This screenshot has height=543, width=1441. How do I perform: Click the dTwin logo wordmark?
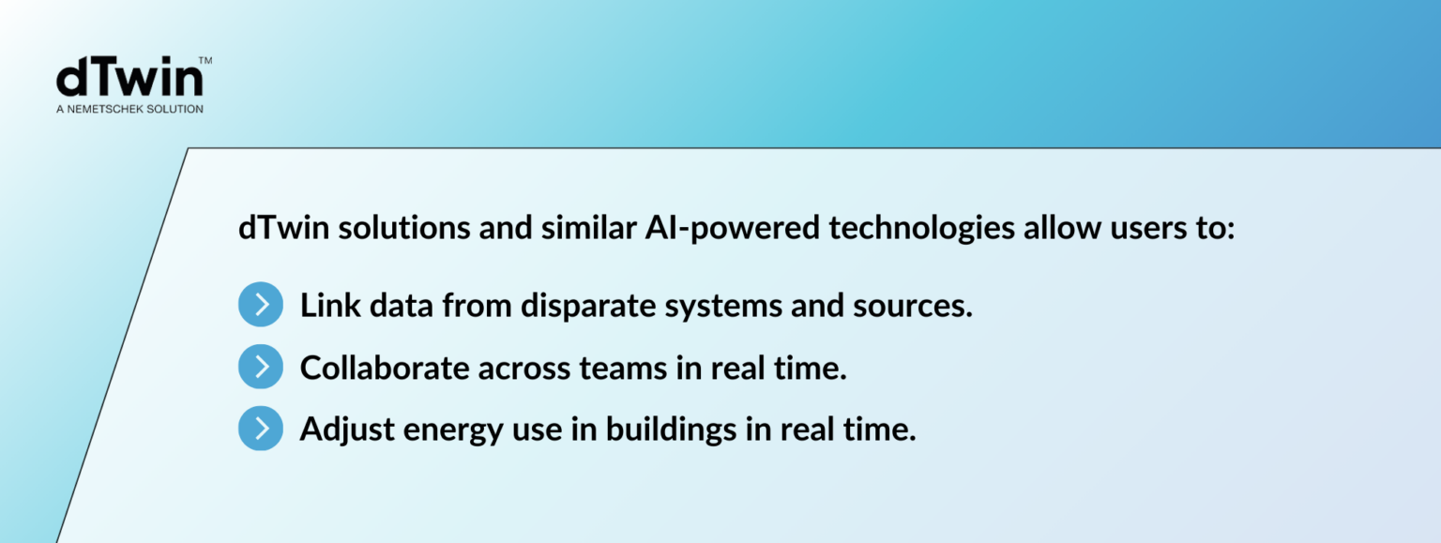coord(130,77)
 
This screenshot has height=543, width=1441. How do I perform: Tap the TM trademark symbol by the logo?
coord(205,60)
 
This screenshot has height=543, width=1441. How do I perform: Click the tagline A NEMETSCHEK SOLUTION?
coord(130,110)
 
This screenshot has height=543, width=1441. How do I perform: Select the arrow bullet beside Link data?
coord(261,304)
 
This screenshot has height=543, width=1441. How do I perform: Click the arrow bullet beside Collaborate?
coord(261,367)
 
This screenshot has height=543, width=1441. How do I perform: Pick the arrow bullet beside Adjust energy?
coord(261,429)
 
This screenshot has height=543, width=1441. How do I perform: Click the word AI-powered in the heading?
coord(733,229)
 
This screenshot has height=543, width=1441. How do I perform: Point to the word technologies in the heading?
coord(922,229)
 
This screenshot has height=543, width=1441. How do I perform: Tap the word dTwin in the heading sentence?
coord(283,228)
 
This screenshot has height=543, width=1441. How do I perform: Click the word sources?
coord(913,307)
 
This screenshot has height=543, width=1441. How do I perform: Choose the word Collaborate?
coord(385,368)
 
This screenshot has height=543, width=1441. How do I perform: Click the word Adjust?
coord(347,430)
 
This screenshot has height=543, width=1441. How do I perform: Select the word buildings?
coord(671,430)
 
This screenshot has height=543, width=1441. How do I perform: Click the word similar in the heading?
coord(588,228)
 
